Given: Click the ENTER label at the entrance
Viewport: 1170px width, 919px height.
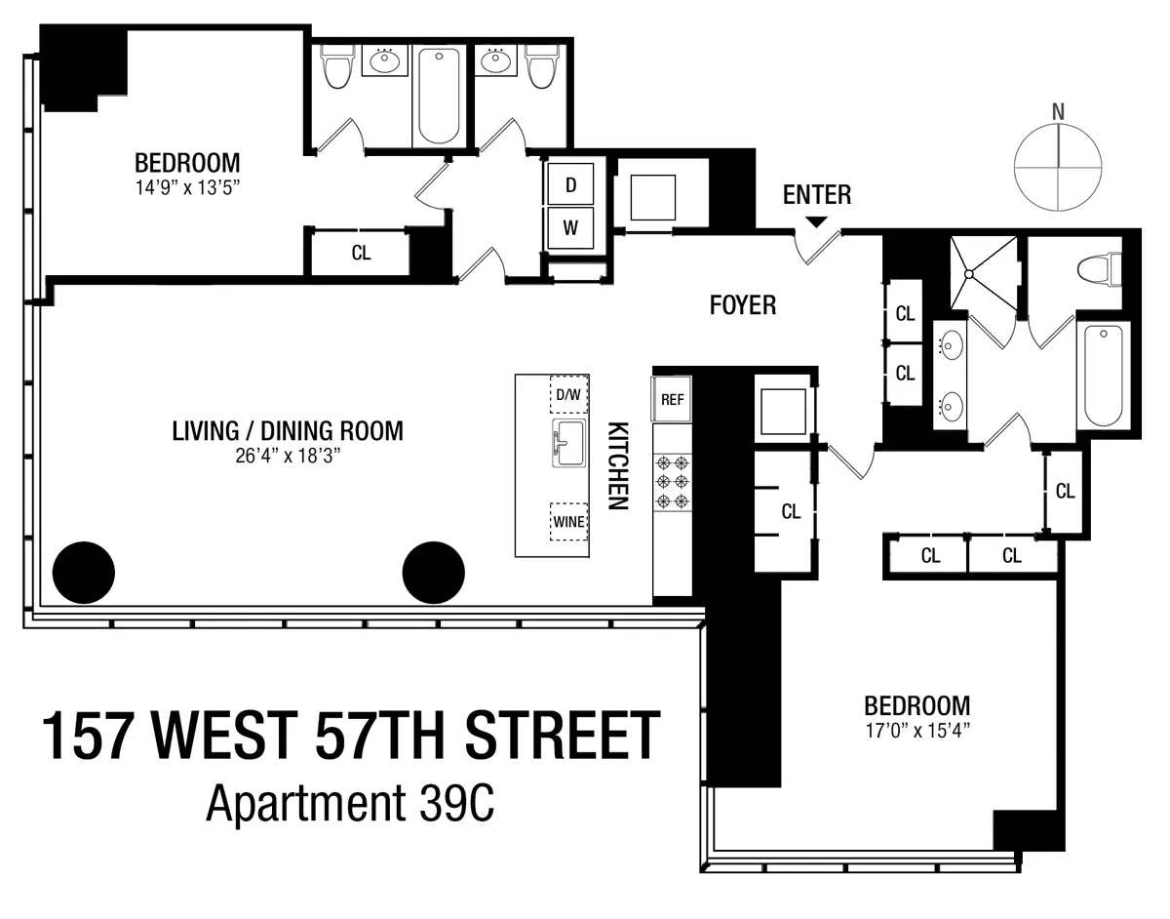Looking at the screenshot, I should click(x=817, y=195).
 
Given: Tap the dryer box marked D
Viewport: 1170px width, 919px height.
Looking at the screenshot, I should click(x=571, y=183).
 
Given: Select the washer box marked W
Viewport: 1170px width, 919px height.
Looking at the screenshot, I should click(x=571, y=230).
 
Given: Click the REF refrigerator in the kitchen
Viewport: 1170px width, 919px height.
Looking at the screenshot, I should click(x=672, y=399).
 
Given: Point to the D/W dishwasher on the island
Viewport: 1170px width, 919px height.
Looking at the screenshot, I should click(x=568, y=395).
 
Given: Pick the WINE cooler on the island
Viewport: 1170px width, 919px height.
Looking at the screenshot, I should click(x=568, y=521).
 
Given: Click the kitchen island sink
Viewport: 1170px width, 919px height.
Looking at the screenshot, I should click(x=567, y=447).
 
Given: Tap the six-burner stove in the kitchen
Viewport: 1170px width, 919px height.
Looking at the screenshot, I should click(x=672, y=483).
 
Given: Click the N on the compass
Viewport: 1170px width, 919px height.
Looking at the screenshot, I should click(x=1058, y=111).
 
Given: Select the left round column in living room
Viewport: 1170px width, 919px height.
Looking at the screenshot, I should click(x=83, y=573).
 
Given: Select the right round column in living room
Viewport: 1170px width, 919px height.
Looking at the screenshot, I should click(x=433, y=573).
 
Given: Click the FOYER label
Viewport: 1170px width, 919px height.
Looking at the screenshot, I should click(x=742, y=306).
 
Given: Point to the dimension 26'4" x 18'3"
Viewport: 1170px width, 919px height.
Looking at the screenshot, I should click(x=287, y=453).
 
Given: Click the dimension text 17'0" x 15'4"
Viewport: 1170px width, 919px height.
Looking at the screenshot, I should click(x=917, y=728).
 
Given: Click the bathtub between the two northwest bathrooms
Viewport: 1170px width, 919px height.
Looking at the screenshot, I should click(x=439, y=96).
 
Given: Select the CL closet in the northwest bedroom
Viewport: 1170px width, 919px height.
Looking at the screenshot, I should click(x=361, y=253).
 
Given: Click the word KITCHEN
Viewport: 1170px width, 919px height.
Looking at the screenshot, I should click(x=616, y=466).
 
